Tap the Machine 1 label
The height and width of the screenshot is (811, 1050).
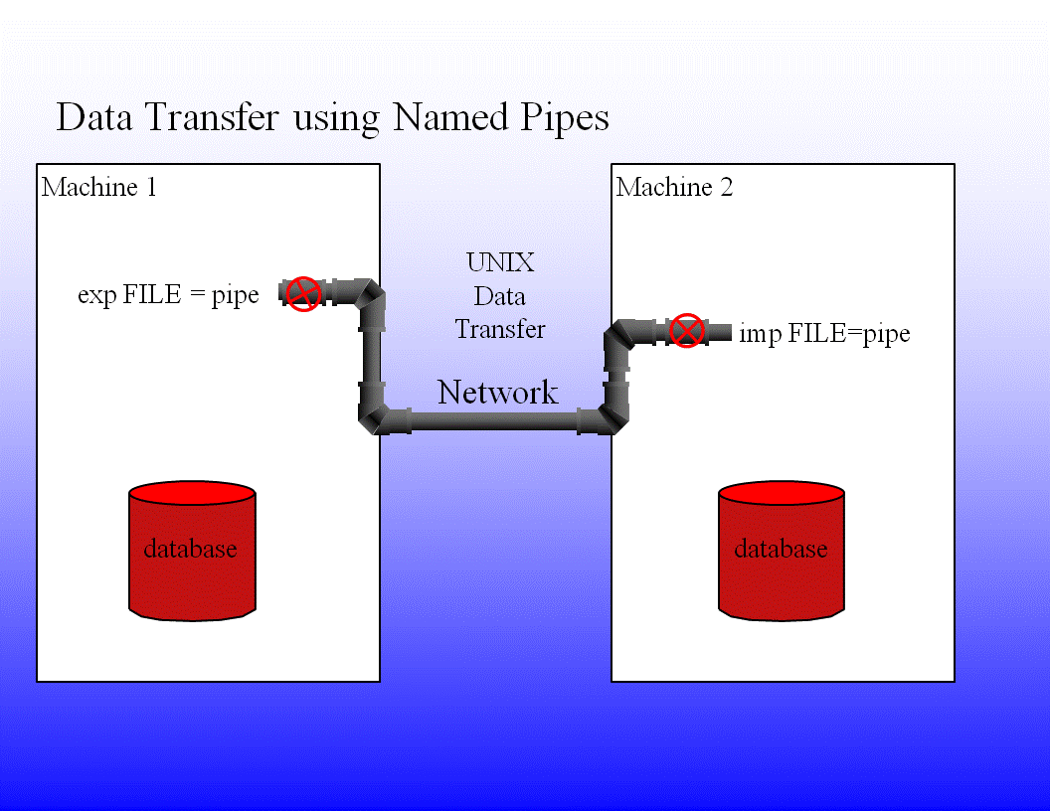[99, 187]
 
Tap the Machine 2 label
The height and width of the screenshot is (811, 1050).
[674, 187]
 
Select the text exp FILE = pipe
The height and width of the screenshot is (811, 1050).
[168, 295]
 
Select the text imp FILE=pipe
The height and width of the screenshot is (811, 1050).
[824, 333]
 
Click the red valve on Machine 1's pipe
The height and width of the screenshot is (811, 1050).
[303, 294]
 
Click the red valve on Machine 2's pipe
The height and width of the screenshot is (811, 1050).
[686, 330]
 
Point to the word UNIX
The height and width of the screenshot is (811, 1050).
[500, 262]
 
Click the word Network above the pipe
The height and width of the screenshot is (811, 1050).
[498, 393]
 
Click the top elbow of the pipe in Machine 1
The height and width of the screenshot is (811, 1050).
[371, 296]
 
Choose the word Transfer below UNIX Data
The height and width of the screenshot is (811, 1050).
[500, 329]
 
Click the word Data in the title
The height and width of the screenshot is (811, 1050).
[97, 117]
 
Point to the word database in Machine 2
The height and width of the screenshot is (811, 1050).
[781, 549]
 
